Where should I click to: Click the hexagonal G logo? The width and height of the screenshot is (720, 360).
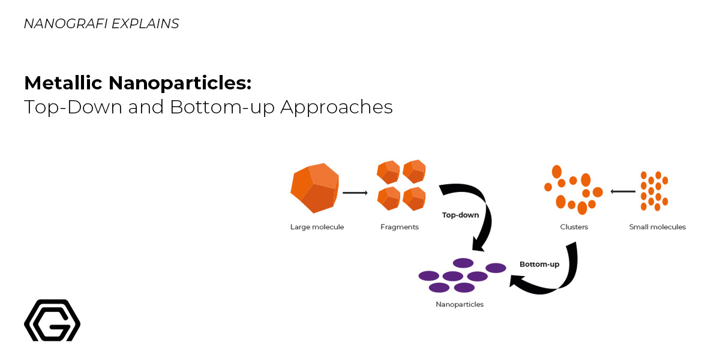(52, 320)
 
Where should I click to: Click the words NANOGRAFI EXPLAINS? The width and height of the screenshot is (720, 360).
(101, 24)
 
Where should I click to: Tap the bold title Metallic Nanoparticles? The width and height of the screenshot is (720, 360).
(137, 83)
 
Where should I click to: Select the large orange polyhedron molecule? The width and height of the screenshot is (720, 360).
(314, 187)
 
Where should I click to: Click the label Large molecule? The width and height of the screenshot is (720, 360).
(317, 227)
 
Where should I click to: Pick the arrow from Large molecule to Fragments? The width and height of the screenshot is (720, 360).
(355, 193)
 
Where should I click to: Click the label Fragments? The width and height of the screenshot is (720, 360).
(400, 227)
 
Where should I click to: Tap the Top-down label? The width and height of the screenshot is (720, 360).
(460, 215)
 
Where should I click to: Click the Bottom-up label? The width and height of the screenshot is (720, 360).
(539, 264)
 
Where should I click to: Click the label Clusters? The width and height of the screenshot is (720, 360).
(574, 227)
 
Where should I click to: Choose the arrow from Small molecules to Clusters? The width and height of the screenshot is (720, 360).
(623, 191)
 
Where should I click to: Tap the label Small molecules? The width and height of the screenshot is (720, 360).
(657, 227)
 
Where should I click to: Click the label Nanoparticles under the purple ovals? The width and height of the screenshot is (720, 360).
(459, 305)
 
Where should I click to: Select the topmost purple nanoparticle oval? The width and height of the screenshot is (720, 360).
(463, 263)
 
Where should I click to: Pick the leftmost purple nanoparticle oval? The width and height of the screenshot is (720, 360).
(428, 276)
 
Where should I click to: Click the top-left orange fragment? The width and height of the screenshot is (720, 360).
(388, 172)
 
